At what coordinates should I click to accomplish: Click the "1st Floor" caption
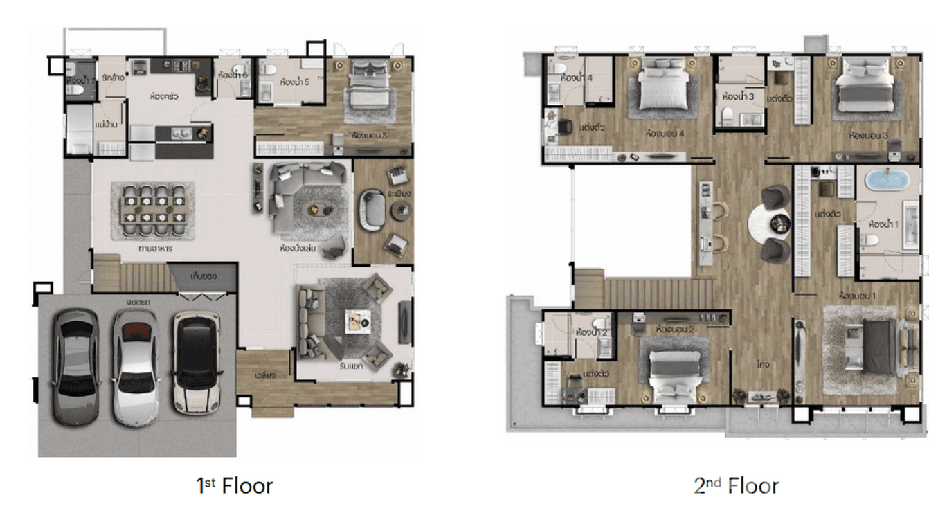point(234,486)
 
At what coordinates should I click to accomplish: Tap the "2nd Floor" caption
point(736,486)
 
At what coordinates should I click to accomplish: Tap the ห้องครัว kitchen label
point(164,97)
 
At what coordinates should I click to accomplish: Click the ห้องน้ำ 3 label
point(737,96)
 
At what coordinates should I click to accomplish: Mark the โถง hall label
point(763,364)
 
